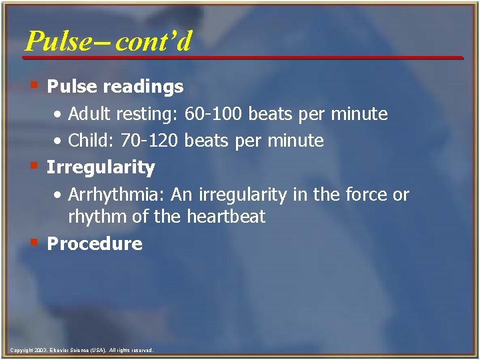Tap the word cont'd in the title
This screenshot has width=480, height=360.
coord(153,41)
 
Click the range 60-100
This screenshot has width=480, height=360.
coord(213,115)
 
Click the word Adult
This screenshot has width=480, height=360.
coord(89,115)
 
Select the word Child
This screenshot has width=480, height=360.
coord(88,141)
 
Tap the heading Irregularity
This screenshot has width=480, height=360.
coord(101,167)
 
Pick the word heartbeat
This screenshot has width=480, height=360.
coord(226,217)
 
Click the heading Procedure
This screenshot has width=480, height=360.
coord(95,244)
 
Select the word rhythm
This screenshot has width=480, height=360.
coord(95,217)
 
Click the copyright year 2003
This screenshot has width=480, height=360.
coord(39,350)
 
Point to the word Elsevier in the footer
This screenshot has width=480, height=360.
coord(61,350)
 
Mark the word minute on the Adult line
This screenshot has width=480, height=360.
coord(362,115)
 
